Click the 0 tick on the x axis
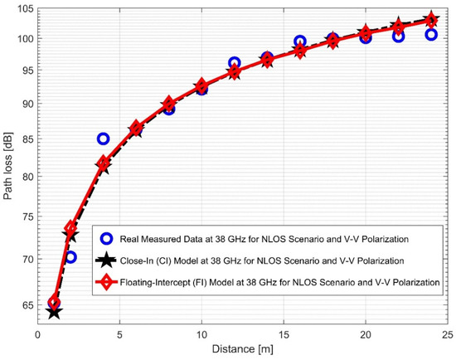pyautogui.click(x=38, y=338)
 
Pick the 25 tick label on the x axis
pyautogui.click(x=447, y=338)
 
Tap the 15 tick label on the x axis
pyautogui.click(x=283, y=338)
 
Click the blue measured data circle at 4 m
pyautogui.click(x=103, y=139)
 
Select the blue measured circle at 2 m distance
pyautogui.click(x=70, y=257)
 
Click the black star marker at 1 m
pyautogui.click(x=54, y=312)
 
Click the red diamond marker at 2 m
pyautogui.click(x=70, y=227)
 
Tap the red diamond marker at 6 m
pyautogui.click(x=136, y=128)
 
